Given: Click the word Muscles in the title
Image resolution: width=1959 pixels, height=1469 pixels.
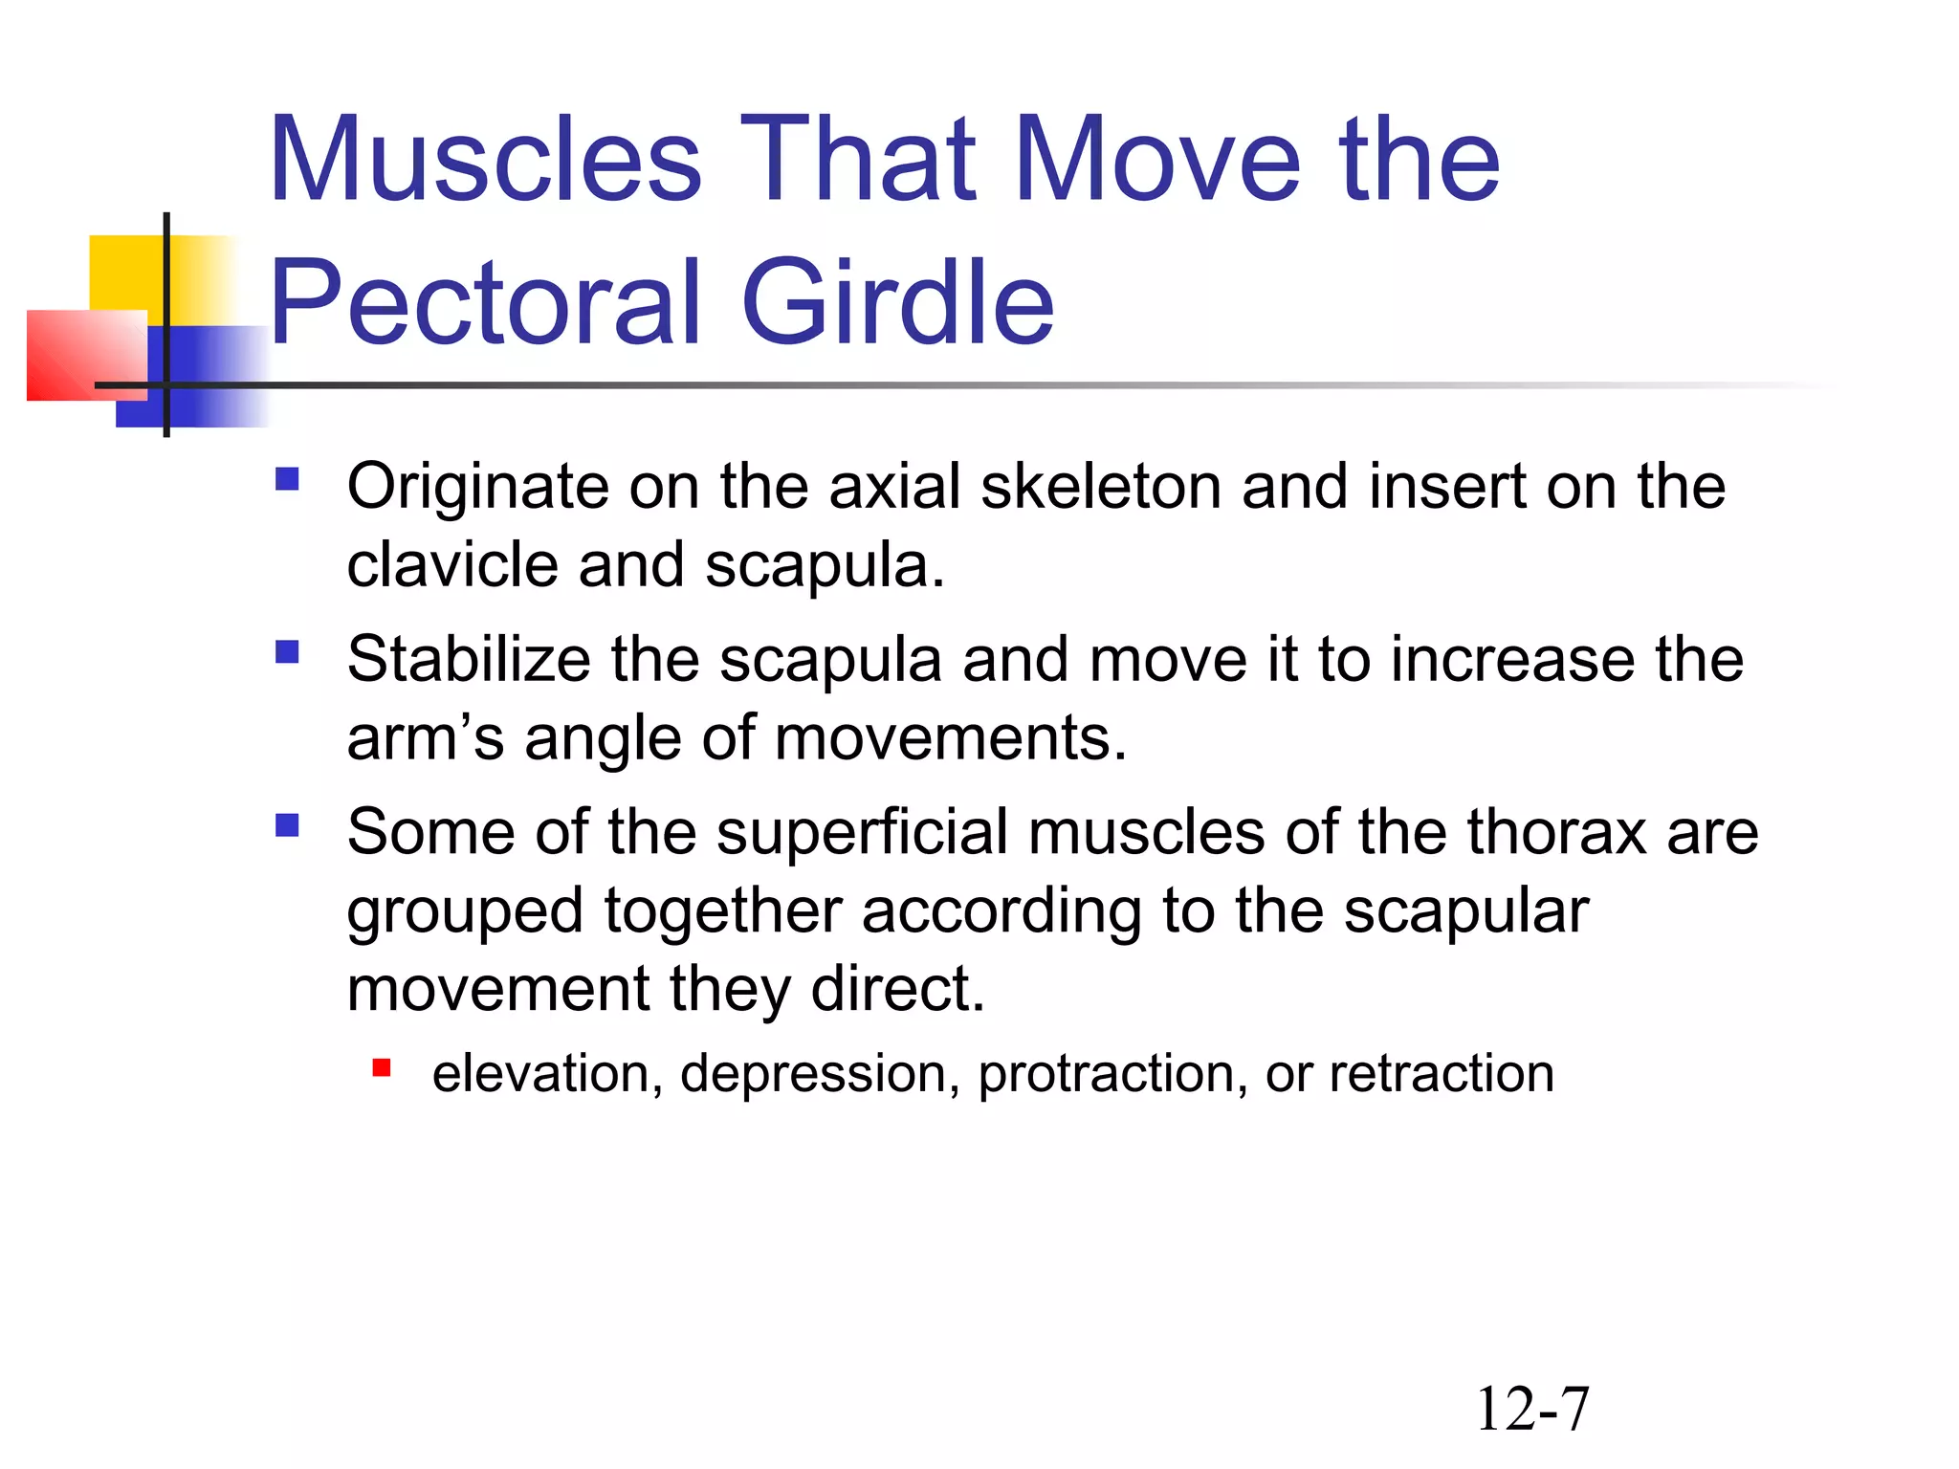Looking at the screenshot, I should click(486, 160).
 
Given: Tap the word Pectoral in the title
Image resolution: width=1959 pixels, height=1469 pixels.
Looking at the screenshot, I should click(488, 303).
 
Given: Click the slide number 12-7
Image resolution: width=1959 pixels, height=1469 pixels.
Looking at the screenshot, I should click(1532, 1410).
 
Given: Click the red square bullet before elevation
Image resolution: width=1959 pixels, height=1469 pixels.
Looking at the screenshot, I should click(382, 1068).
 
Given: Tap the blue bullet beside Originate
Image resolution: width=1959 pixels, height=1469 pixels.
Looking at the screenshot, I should click(287, 478).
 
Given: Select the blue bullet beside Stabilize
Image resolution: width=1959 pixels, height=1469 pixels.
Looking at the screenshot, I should click(287, 652).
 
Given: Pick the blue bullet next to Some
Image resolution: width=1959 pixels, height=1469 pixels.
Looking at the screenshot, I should click(287, 824).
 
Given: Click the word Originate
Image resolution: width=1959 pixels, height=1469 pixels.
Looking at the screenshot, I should click(476, 488).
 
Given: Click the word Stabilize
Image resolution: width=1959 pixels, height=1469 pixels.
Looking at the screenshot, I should click(469, 660).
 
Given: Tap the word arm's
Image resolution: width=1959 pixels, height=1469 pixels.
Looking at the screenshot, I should click(425, 739).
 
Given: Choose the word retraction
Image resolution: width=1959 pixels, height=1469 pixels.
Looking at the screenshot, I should click(1442, 1074).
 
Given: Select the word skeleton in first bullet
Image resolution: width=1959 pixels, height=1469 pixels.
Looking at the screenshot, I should click(1101, 488).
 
